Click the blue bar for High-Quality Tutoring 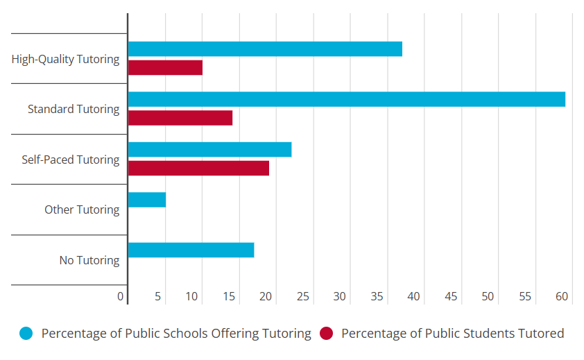(x=265, y=49)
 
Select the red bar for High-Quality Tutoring (x=165, y=67)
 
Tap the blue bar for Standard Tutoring (x=347, y=99)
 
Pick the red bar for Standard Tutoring (x=180, y=118)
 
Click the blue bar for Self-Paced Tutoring (x=209, y=149)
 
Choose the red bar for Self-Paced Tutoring (x=198, y=168)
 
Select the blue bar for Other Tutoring (x=147, y=200)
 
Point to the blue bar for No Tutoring (x=191, y=250)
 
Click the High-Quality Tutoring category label (x=65, y=59)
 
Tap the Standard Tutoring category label (x=74, y=110)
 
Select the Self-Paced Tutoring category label (x=70, y=160)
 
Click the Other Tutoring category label (x=82, y=209)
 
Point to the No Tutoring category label (x=89, y=261)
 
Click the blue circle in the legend (x=26, y=334)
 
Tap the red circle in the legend (x=326, y=334)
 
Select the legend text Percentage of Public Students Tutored (x=452, y=334)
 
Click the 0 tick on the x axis (x=121, y=297)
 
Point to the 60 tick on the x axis (x=562, y=297)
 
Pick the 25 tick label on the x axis (x=302, y=297)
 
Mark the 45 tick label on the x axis (x=451, y=297)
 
